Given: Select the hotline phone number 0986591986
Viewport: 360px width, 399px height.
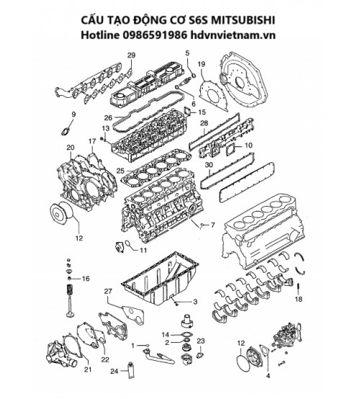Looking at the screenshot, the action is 155,35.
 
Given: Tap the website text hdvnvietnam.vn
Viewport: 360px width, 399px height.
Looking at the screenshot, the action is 233,35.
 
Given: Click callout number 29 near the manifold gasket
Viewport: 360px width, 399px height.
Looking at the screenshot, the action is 131,55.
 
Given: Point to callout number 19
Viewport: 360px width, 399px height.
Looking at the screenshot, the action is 202,64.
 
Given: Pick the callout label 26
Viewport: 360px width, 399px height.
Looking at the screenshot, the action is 109,118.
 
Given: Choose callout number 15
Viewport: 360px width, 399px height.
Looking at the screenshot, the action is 202,112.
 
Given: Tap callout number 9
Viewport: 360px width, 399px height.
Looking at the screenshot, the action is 73,115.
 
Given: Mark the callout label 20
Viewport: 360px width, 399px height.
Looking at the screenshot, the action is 71,148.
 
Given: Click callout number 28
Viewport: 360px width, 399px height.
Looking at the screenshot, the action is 204,123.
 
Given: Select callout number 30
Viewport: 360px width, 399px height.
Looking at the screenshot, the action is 209,165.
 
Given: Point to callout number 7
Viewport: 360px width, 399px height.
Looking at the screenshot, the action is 212,225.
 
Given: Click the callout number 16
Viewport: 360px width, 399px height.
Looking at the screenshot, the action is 86,279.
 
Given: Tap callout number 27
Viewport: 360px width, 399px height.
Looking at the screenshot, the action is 108,292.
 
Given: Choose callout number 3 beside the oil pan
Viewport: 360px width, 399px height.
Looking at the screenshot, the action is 195,302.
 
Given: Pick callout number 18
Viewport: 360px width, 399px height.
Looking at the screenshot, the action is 298,299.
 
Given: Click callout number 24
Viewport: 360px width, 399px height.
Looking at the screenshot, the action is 114,371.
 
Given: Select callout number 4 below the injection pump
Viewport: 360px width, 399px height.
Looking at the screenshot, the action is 268,375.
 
